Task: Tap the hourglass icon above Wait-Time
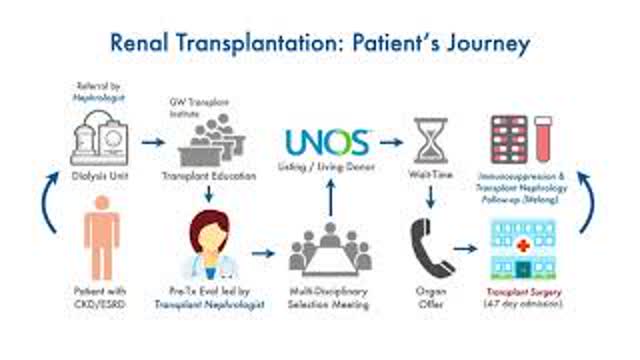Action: click(x=429, y=141)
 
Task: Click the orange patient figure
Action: click(x=102, y=237)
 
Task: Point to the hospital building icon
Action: click(x=523, y=249)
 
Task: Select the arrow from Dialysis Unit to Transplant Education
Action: click(x=152, y=142)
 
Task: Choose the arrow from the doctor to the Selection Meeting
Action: click(x=261, y=252)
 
